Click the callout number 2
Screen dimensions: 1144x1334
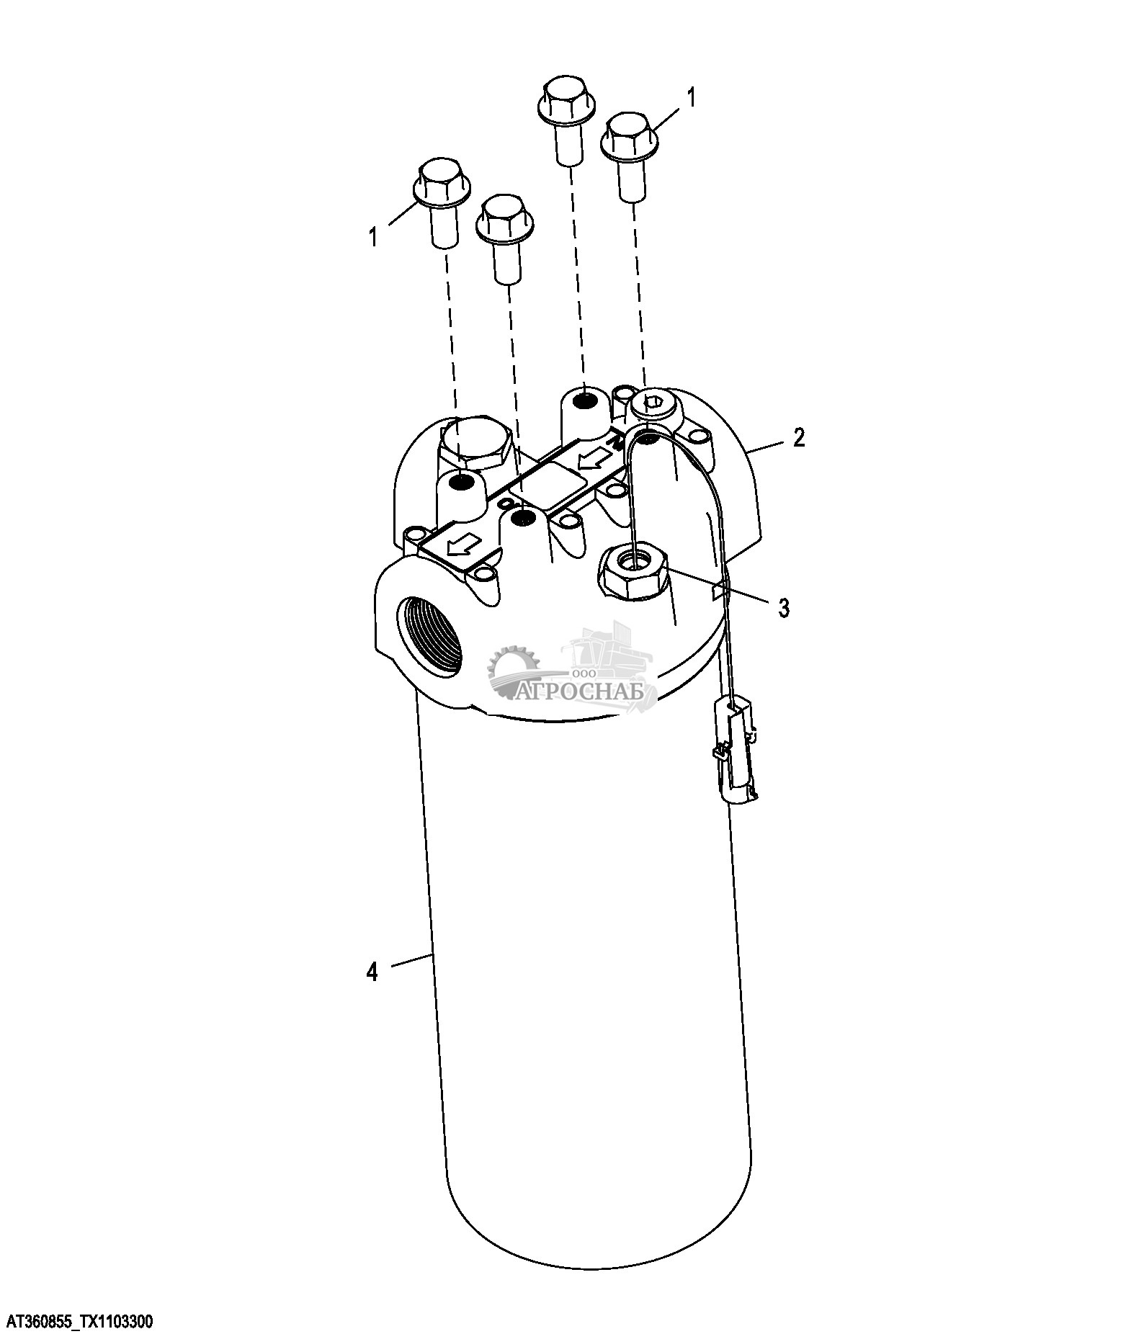[798, 437]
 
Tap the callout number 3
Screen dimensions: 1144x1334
[783, 607]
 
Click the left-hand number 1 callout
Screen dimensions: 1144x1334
[373, 236]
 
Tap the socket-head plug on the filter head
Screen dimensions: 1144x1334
[653, 406]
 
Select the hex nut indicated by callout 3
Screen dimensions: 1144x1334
[633, 570]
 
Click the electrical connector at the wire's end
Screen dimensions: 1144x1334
[735, 750]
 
